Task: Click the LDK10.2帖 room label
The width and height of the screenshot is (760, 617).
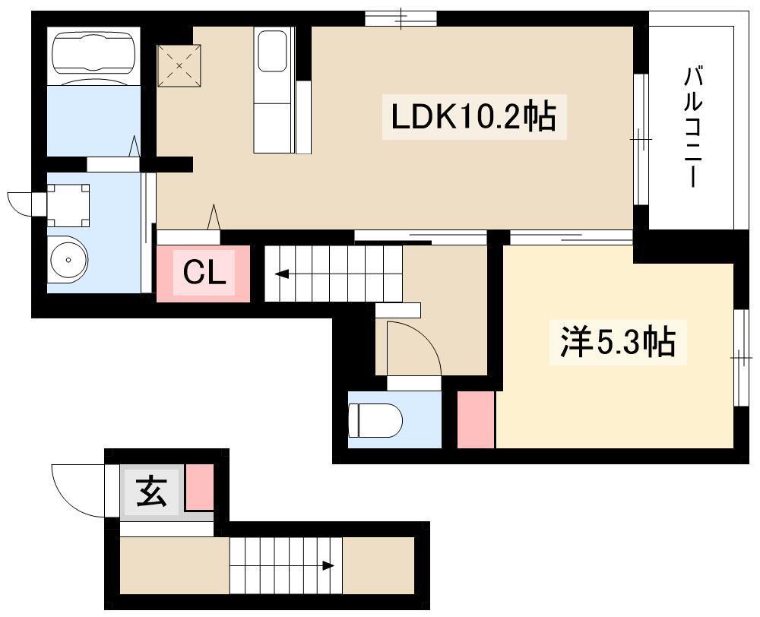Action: (x=473, y=117)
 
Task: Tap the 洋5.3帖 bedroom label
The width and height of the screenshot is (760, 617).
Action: (x=617, y=342)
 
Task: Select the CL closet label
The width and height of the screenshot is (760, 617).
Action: (x=204, y=274)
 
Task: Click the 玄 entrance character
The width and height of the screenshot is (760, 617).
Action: (x=152, y=491)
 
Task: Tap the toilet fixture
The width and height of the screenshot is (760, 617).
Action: (x=375, y=420)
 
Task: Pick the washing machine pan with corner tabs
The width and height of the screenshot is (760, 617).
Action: (x=68, y=205)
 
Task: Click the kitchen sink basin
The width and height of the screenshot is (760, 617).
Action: (x=272, y=52)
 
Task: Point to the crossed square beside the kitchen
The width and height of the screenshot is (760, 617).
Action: (x=179, y=66)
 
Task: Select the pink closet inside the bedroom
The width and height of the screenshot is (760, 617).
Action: (x=476, y=419)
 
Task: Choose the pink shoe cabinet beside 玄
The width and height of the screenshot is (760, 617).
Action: (x=200, y=487)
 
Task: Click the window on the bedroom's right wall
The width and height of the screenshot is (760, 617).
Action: (x=741, y=358)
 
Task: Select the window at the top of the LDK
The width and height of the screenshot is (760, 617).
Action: (x=401, y=18)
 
